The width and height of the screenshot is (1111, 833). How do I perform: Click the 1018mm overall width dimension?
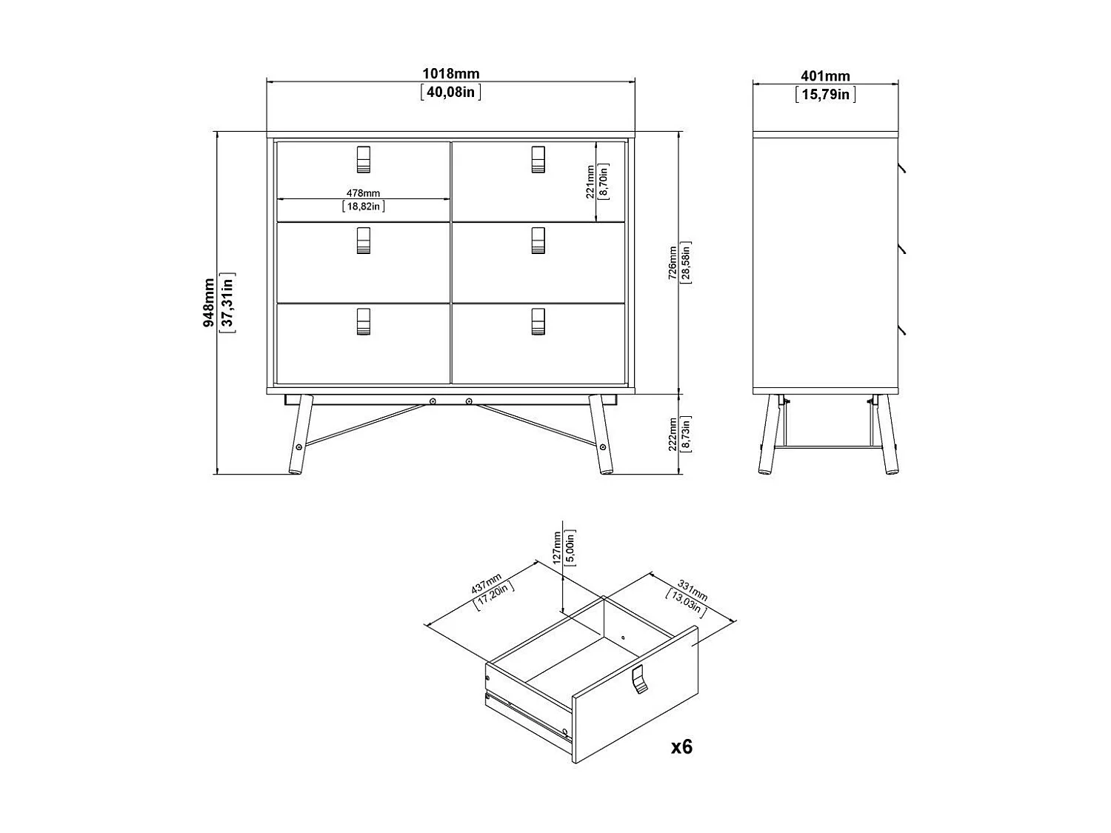[x=450, y=74]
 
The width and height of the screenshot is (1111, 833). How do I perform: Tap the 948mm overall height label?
[x=210, y=302]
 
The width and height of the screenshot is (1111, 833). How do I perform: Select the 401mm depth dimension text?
[x=825, y=76]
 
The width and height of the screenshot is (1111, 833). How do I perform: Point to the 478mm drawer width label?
[x=363, y=193]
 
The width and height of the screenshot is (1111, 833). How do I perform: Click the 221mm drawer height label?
[x=590, y=182]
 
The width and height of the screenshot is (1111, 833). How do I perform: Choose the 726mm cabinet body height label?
[x=673, y=263]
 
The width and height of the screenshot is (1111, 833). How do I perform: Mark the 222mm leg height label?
[x=673, y=434]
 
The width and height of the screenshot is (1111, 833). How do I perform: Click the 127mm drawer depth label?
[x=557, y=547]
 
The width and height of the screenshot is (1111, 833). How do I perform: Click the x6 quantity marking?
[x=681, y=747]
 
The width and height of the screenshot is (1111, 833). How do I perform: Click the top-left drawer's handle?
[x=363, y=159]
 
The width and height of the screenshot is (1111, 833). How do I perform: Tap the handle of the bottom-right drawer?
[x=538, y=321]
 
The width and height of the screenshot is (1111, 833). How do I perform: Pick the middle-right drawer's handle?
[x=538, y=241]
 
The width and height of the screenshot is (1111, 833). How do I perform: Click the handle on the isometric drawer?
[x=639, y=680]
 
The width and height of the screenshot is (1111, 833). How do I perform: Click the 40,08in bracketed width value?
[x=450, y=92]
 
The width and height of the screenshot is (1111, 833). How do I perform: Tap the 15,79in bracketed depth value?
[x=825, y=95]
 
